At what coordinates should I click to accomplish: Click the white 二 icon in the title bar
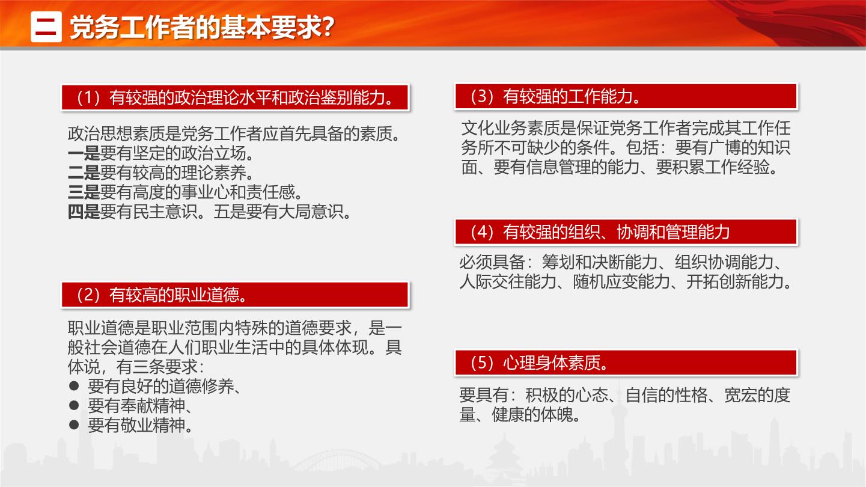click(x=46, y=26)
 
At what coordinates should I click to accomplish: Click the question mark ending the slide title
click(x=328, y=27)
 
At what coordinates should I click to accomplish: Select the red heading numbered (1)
click(x=235, y=97)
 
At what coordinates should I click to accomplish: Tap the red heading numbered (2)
click(x=235, y=295)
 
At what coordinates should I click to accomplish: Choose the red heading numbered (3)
click(x=626, y=96)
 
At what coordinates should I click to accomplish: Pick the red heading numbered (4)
click(x=626, y=231)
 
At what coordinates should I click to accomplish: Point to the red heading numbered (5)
click(x=626, y=363)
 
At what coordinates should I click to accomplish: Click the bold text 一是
click(x=84, y=153)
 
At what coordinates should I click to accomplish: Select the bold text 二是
click(x=84, y=173)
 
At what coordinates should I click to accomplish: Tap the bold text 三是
click(x=84, y=192)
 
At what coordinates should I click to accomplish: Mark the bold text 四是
click(x=84, y=212)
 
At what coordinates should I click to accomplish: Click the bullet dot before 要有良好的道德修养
click(x=74, y=385)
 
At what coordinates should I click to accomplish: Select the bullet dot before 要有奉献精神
click(x=74, y=405)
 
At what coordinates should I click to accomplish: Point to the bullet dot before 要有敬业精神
click(x=74, y=424)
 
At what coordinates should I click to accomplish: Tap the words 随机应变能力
click(x=621, y=281)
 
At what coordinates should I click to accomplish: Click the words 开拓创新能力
click(x=735, y=281)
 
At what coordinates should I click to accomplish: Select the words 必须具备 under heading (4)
click(x=492, y=262)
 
